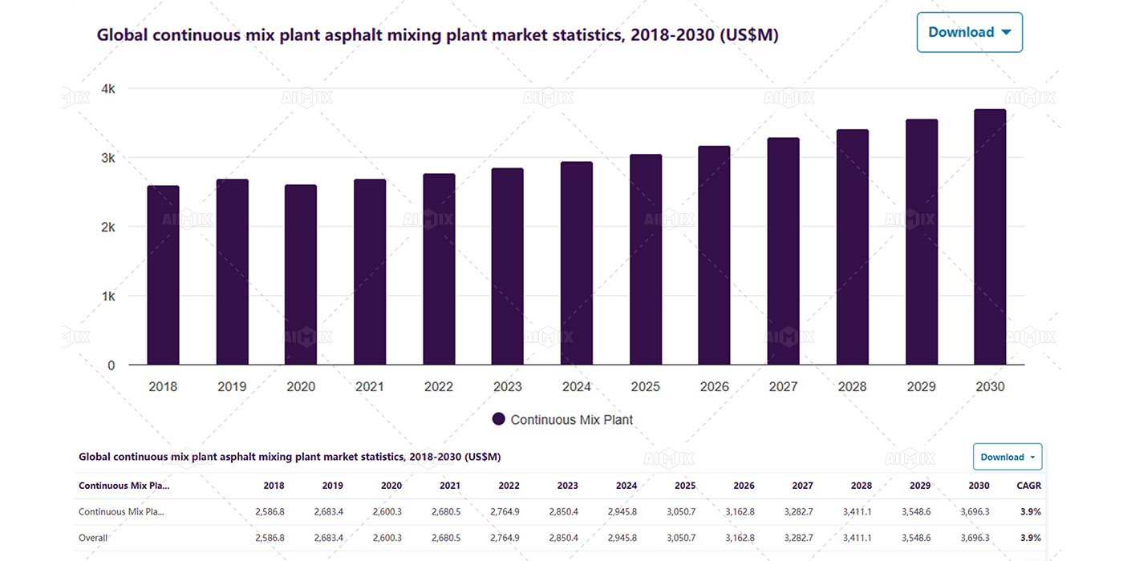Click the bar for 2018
click(x=163, y=276)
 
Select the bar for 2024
click(x=576, y=264)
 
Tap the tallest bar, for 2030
click(x=990, y=237)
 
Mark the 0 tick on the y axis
click(x=111, y=365)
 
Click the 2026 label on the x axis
click(x=714, y=387)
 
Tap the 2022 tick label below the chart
click(x=439, y=387)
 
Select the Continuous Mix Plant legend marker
click(x=498, y=419)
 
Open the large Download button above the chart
click(x=969, y=32)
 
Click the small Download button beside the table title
click(x=1007, y=457)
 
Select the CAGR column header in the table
click(x=1029, y=486)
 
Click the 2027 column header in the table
click(x=802, y=486)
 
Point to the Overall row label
click(x=93, y=538)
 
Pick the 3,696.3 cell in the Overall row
click(x=975, y=538)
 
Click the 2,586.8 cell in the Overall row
click(x=270, y=538)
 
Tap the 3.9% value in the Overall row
click(x=1030, y=538)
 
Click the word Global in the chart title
click(x=122, y=35)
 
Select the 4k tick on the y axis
click(x=106, y=89)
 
